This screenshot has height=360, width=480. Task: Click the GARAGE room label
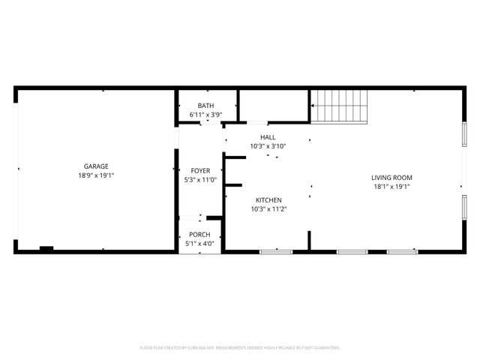point(96,166)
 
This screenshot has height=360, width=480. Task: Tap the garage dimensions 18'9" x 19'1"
point(96,175)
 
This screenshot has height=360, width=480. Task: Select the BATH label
point(205,106)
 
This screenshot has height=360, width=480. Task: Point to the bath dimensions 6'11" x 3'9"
point(205,115)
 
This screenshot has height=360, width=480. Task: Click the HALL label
point(268,137)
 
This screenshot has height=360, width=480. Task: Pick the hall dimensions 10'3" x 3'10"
point(268,146)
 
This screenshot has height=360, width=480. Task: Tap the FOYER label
point(200,171)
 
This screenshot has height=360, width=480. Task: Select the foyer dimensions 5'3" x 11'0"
point(200,180)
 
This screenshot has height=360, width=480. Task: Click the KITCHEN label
point(268,199)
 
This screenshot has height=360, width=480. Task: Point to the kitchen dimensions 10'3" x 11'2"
point(268,208)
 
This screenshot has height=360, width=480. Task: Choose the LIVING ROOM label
point(391,178)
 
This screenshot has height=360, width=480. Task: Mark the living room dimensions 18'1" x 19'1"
point(391,187)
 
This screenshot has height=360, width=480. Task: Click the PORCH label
point(199,234)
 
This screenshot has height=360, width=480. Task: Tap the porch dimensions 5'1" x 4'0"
point(199,243)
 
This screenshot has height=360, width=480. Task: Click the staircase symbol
point(340,105)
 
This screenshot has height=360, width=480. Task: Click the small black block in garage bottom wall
point(46,248)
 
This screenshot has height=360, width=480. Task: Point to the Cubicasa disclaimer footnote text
point(240,348)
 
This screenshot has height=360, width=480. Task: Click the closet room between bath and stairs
point(273,104)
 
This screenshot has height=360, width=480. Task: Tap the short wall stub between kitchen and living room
point(309,241)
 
